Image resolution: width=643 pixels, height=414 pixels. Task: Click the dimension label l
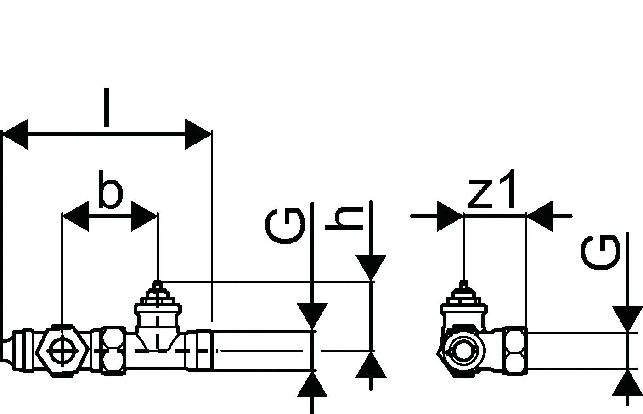[107, 108]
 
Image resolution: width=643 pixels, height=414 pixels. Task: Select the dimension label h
[344, 219]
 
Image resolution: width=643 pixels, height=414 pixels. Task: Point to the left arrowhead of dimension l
[16, 134]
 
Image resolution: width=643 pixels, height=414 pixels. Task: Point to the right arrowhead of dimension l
[198, 134]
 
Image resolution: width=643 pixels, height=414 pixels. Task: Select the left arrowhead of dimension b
[75, 216]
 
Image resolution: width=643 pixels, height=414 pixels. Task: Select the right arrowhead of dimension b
[144, 216]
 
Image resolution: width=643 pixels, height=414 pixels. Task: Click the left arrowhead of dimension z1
[450, 216]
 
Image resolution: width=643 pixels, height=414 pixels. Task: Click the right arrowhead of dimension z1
[540, 216]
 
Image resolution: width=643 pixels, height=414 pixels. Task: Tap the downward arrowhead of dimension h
[371, 267]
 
